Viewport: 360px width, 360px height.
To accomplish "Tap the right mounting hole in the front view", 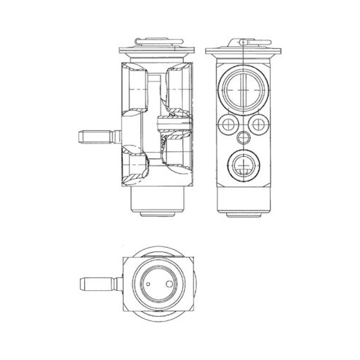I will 257,126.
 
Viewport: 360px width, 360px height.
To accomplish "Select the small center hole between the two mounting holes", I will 241,137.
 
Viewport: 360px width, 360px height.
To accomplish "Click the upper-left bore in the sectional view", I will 135,86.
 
